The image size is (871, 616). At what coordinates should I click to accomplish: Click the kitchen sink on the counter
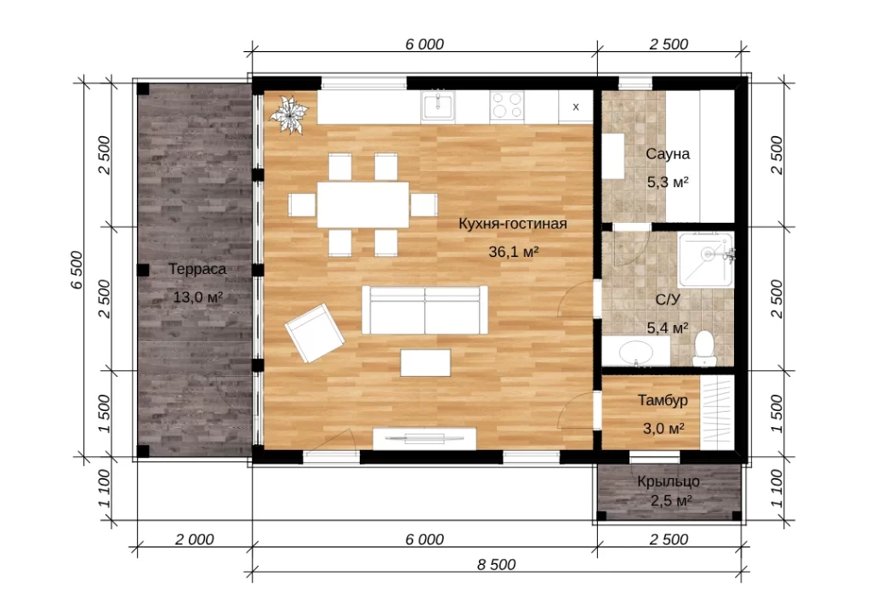coord(438,106)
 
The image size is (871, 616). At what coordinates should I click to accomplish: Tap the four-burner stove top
coord(507,106)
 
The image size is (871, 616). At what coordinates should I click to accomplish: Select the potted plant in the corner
coord(288,114)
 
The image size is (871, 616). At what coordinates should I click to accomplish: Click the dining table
coord(362,204)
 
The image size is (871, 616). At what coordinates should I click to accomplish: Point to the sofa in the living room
coord(425,310)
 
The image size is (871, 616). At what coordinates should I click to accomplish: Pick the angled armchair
coord(315,332)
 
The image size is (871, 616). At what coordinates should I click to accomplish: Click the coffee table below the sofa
coord(425,362)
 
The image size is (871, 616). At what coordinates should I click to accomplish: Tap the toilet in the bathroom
coord(704,348)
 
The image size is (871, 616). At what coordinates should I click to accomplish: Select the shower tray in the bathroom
coord(705,260)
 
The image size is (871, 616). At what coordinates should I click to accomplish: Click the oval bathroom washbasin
coord(636,352)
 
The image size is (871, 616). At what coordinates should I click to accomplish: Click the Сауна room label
coord(668,154)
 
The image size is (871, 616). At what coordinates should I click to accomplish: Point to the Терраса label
coord(197,270)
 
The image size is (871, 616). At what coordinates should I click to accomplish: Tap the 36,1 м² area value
coord(514,252)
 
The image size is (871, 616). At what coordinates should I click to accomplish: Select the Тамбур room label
coord(663,401)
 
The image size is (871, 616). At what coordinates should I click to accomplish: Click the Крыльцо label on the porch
coord(669,482)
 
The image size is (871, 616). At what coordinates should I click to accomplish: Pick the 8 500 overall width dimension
coord(496,564)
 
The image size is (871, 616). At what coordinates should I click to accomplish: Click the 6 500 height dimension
coord(77,270)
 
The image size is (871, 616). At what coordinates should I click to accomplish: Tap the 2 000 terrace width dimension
coord(195,539)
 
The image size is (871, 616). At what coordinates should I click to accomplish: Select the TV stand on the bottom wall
coord(424,439)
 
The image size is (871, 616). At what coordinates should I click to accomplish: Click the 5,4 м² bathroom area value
coord(668,328)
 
